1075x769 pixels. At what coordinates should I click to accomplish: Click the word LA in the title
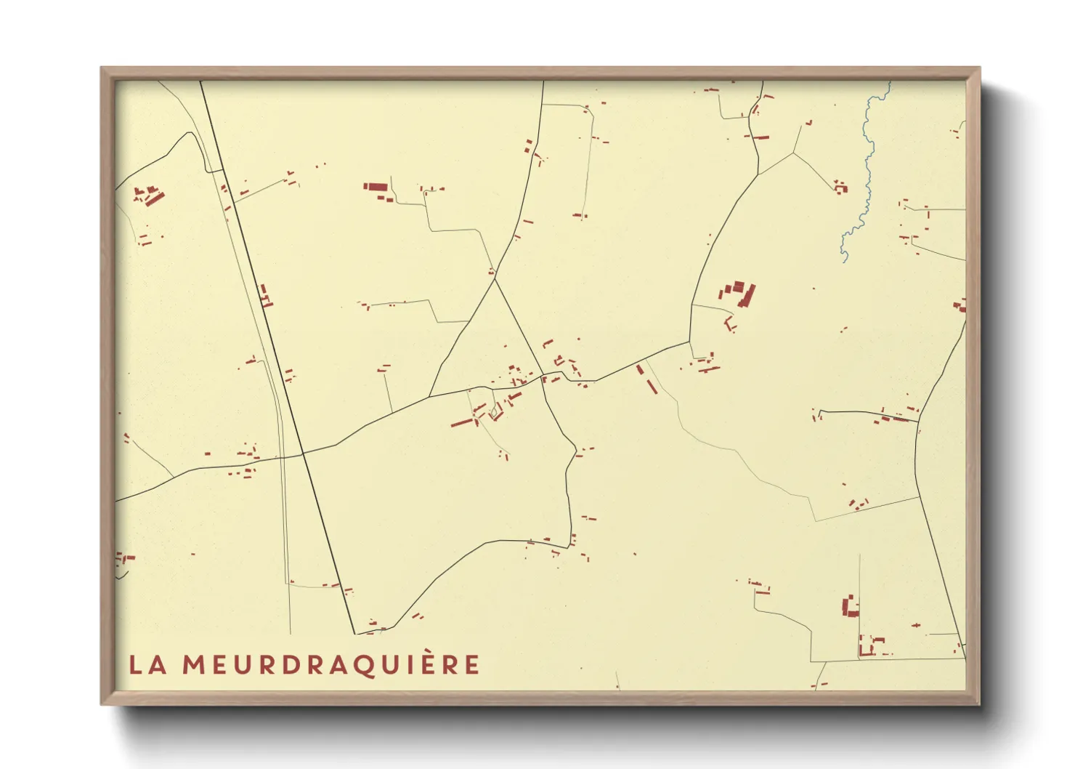[147, 664]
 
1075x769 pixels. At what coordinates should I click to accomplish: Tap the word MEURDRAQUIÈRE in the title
[330, 664]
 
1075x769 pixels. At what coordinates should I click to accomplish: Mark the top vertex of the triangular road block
[495, 278]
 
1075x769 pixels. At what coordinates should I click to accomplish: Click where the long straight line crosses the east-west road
[302, 454]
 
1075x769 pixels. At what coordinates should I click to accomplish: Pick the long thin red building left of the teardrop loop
[463, 422]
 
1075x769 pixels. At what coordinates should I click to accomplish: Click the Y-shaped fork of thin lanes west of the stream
[794, 153]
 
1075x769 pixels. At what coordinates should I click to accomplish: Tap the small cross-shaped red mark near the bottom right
[916, 625]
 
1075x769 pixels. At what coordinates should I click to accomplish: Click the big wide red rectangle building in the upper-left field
[376, 187]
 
